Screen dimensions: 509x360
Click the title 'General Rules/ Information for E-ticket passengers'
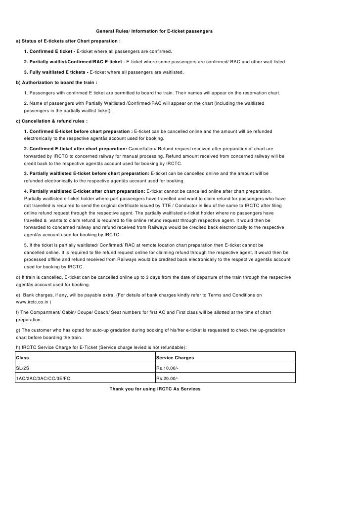[x=154, y=31]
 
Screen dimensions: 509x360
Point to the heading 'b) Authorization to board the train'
[x=56, y=82]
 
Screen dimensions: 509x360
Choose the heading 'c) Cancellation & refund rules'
[x=52, y=121]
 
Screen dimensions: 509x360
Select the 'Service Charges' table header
[x=175, y=357]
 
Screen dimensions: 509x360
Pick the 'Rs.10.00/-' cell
[x=167, y=368]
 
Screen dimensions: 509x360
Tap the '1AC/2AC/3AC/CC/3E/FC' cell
[x=46, y=379]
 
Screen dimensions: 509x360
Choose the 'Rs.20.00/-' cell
[x=167, y=379]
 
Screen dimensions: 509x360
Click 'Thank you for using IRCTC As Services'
[x=155, y=389]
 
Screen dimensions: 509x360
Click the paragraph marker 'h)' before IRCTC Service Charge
[x=19, y=347]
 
